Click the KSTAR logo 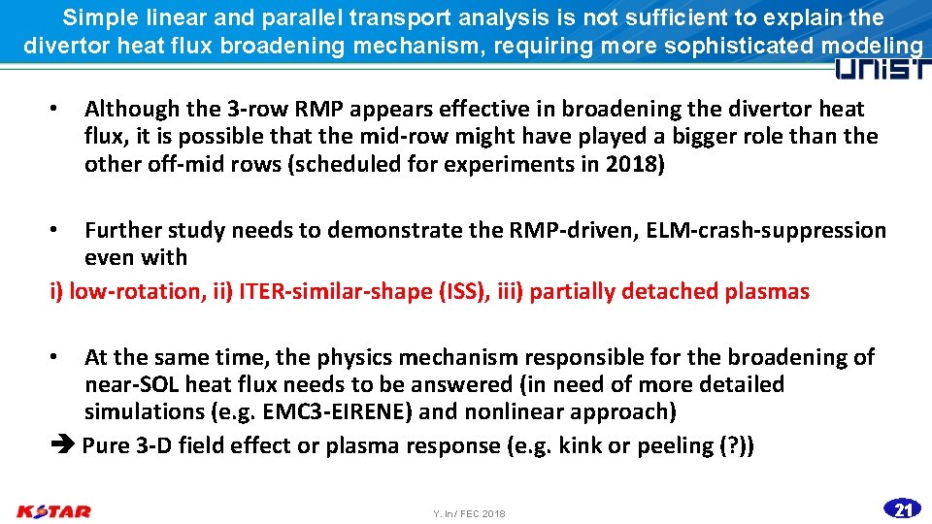[54, 510]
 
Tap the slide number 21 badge [903, 508]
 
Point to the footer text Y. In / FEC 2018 [469, 513]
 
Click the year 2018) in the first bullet [635, 164]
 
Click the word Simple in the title [100, 17]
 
